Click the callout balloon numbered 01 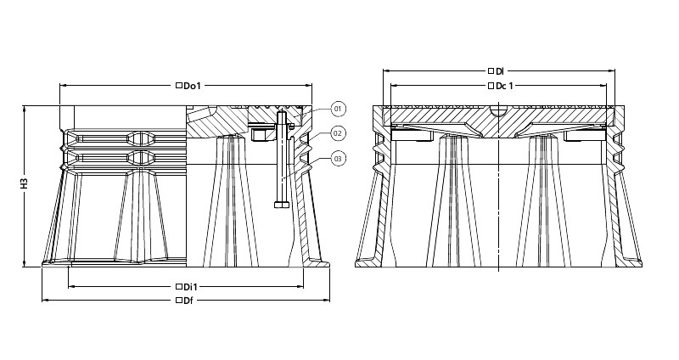339,109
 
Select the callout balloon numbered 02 339,133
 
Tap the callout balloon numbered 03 339,159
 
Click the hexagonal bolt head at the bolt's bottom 282,204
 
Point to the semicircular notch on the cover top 499,111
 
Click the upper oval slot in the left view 140,138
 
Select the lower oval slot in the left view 140,158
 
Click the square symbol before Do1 178,86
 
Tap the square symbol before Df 178,300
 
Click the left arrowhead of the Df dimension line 45,300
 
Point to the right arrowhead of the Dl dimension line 612,70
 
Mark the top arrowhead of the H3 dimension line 25,109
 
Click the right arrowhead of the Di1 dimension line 300,286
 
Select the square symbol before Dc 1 491,86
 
